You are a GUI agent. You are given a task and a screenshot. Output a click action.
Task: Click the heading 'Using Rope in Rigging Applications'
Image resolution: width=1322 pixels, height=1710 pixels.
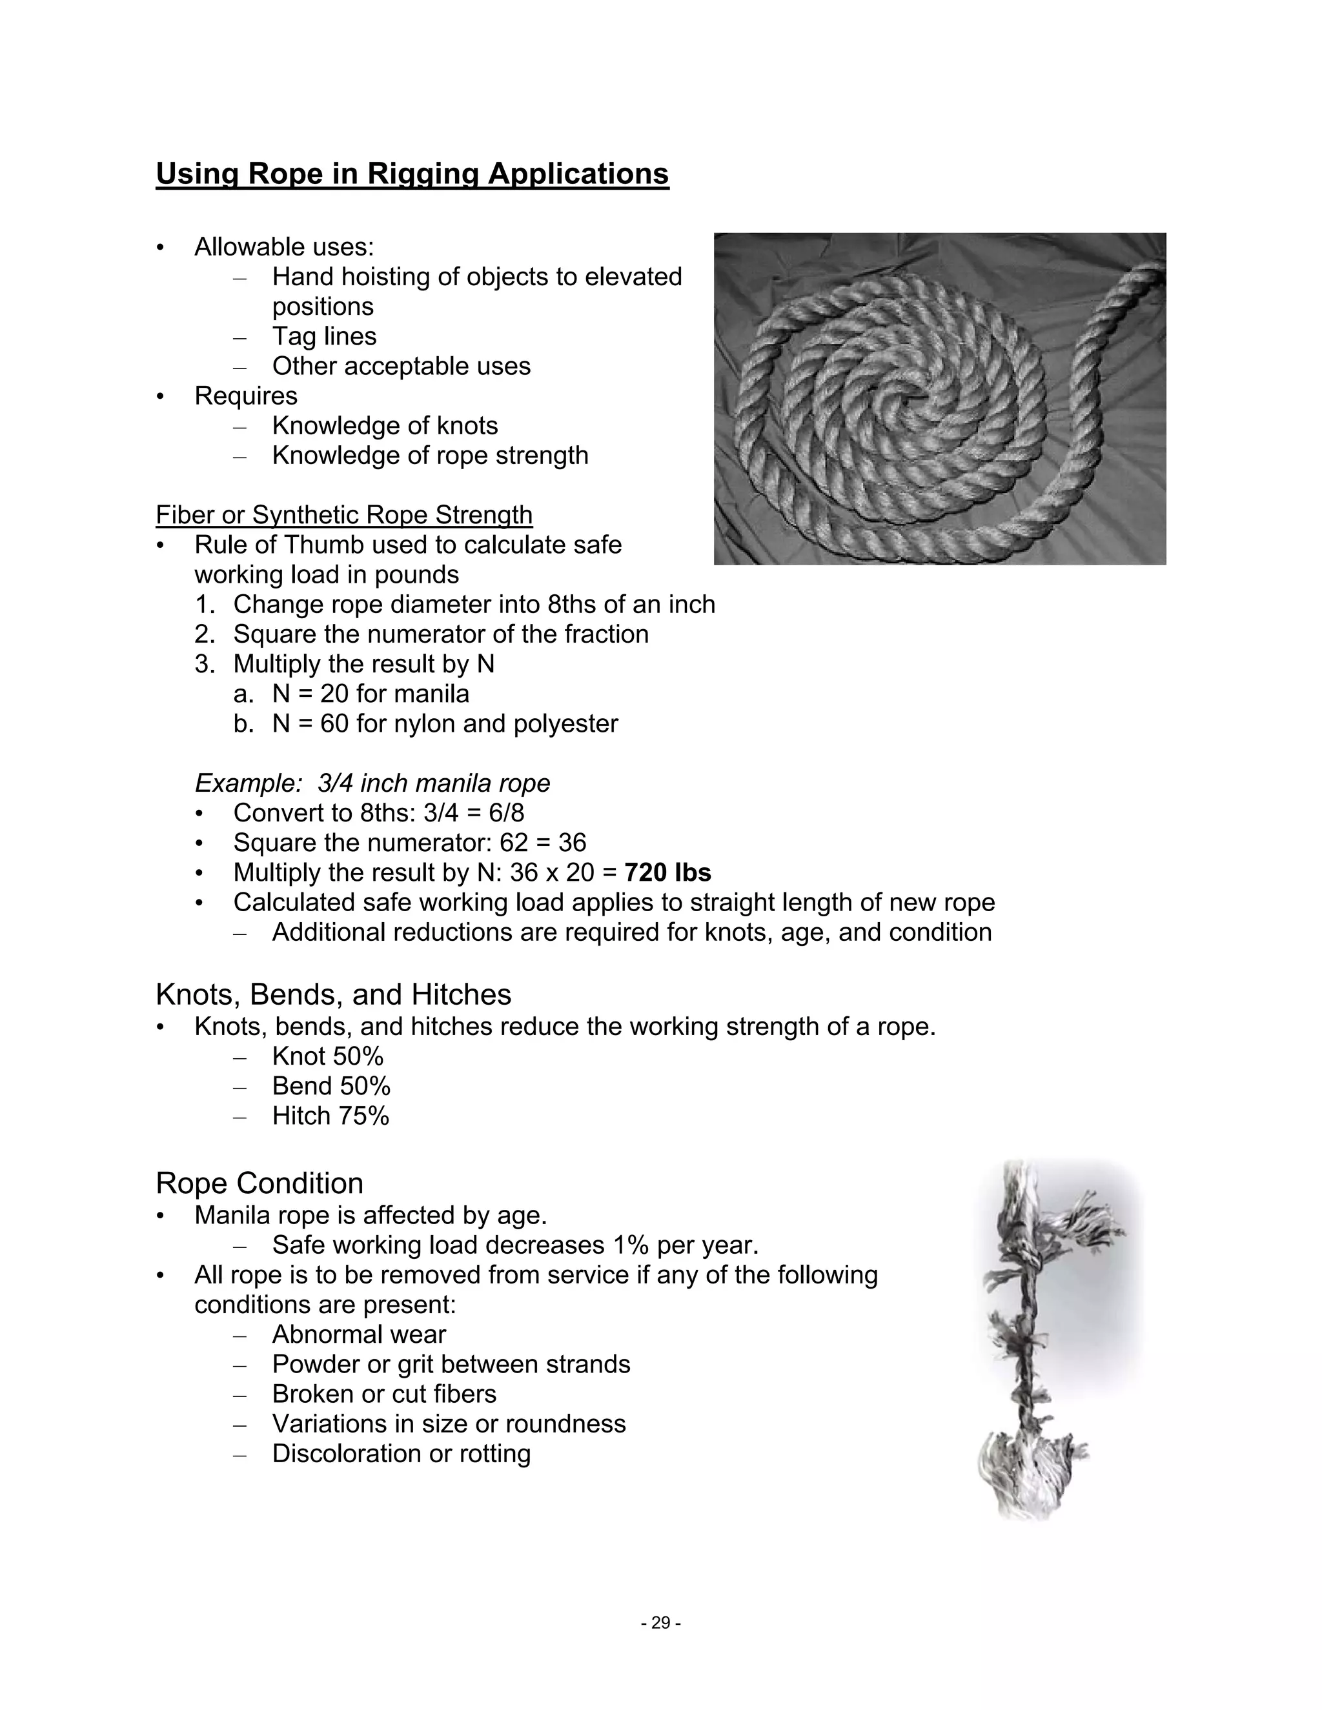coord(412,173)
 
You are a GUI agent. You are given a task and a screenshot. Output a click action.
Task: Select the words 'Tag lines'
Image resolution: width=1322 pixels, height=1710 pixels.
coord(324,336)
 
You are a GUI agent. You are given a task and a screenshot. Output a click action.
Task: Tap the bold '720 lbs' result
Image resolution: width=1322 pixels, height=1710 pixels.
coord(667,872)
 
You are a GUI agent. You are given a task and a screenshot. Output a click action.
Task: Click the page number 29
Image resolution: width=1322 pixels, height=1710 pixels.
coord(661,1622)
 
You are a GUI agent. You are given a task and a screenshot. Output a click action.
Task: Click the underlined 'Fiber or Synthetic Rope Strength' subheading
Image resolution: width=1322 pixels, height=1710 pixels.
coord(344,514)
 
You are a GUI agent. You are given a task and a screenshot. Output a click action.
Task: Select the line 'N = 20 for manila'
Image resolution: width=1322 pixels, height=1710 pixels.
coord(371,694)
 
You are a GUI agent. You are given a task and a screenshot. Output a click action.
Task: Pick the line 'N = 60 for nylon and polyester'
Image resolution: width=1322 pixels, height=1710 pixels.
coord(445,723)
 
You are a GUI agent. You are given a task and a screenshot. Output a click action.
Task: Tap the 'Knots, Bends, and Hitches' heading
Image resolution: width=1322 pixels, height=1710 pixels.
coord(333,994)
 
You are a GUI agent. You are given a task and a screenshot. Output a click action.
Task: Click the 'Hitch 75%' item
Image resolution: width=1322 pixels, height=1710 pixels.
coord(330,1116)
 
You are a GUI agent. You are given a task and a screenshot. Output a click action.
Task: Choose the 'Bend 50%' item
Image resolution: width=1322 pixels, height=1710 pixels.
coord(331,1086)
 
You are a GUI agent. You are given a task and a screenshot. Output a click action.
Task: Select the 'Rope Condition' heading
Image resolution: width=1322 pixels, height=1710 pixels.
coord(259,1182)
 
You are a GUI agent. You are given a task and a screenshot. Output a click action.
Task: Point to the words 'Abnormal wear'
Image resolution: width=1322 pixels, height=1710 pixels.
coord(359,1334)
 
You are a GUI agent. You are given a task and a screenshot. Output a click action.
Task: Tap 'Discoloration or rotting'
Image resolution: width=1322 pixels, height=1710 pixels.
coord(401,1453)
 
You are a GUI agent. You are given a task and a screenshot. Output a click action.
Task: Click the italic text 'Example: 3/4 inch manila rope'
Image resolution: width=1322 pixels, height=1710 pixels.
coord(372,783)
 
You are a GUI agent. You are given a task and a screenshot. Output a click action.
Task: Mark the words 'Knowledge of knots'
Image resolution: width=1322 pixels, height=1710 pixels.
coord(385,425)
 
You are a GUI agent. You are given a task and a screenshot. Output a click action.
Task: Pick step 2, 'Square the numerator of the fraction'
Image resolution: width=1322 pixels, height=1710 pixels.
coord(440,634)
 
